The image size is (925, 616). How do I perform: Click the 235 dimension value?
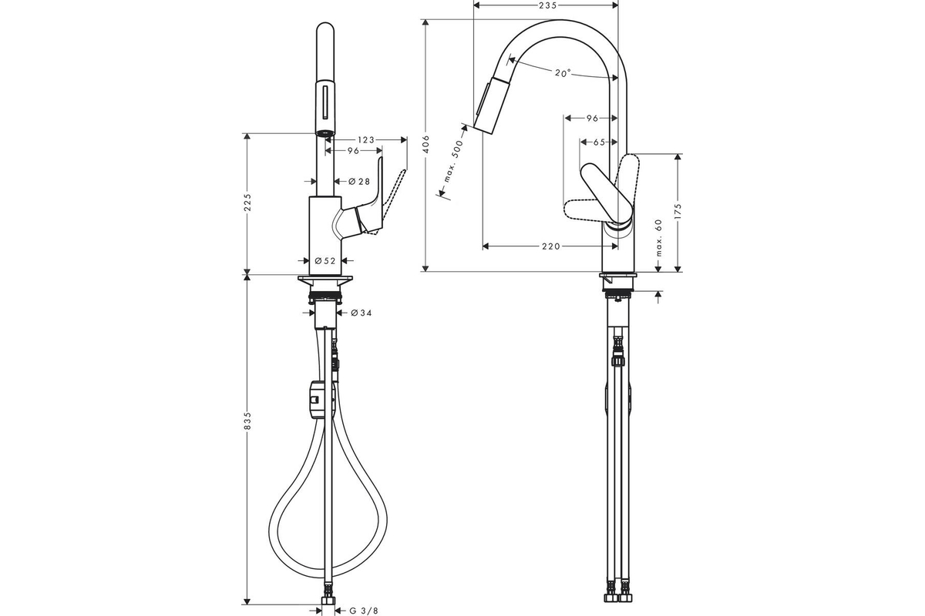tap(547, 5)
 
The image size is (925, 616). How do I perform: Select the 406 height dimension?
tap(426, 145)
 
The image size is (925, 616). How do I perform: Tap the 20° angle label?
tap(563, 73)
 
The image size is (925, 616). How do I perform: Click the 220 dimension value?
tap(551, 246)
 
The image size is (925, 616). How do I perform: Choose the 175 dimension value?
tap(678, 212)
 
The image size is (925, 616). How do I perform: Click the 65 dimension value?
tap(599, 142)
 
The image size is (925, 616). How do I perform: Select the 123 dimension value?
tap(366, 140)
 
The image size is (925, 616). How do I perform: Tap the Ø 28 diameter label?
tap(359, 181)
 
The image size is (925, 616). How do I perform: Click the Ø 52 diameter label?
tap(325, 261)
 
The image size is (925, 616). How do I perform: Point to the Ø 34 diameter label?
tap(361, 313)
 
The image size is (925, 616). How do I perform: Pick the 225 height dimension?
tap(247, 203)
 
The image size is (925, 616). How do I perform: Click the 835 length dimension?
tap(247, 421)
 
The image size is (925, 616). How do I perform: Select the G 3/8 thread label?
tap(363, 611)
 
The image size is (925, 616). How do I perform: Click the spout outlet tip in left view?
tap(325, 133)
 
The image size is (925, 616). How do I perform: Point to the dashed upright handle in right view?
tap(627, 186)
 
